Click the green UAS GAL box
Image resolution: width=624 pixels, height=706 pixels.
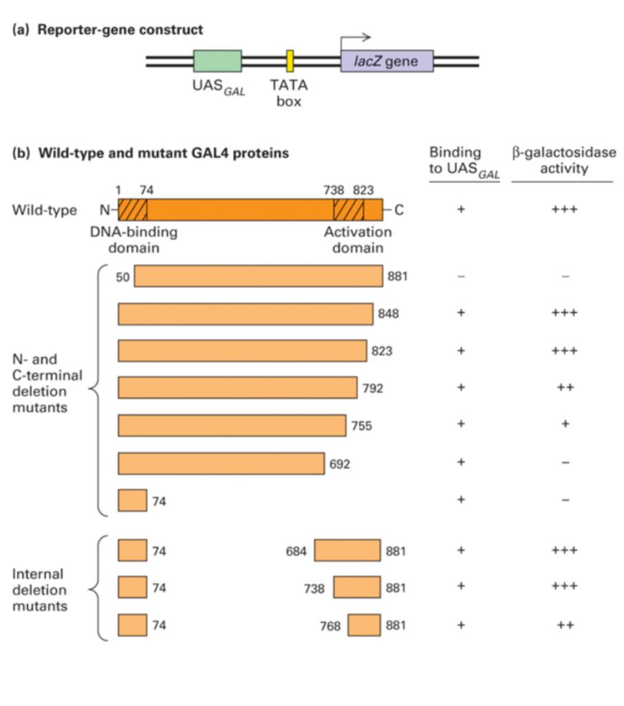(217, 61)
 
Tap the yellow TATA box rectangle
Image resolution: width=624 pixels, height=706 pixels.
(290, 61)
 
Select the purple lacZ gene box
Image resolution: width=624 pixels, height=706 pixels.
(387, 61)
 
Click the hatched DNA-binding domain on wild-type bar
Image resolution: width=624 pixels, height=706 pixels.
(132, 209)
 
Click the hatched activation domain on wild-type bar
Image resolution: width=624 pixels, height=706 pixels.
(348, 209)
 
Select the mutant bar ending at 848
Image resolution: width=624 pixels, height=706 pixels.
(245, 314)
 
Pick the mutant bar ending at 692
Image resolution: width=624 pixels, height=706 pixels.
(221, 463)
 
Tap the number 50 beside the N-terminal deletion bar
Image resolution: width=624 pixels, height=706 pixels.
(124, 276)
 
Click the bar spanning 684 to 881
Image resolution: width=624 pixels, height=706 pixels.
(348, 550)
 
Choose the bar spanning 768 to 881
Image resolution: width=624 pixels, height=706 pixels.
(364, 625)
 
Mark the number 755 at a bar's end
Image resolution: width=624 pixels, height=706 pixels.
(361, 426)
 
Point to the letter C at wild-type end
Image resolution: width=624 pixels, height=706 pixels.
(399, 210)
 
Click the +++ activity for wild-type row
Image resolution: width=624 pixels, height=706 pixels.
(565, 210)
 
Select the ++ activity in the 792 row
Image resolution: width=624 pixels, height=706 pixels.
(565, 387)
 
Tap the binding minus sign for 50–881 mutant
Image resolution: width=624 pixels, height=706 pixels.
(461, 276)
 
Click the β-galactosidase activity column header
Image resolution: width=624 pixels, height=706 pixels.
(563, 160)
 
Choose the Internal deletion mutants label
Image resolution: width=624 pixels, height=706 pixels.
(39, 590)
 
